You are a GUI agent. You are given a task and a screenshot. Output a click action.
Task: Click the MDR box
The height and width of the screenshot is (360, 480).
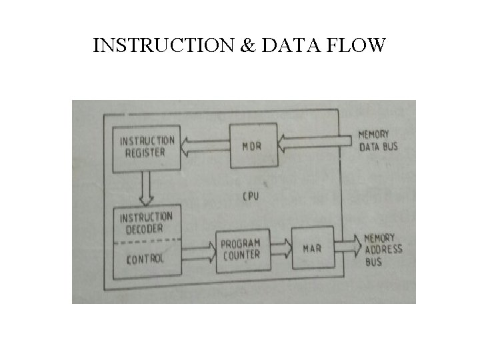coord(252,145)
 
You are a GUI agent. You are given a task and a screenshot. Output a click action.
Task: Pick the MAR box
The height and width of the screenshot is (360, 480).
coord(312,248)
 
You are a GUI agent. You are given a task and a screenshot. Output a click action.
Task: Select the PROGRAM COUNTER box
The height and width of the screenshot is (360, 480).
coord(241,249)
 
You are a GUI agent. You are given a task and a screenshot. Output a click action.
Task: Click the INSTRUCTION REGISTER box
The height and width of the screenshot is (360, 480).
coord(147,146)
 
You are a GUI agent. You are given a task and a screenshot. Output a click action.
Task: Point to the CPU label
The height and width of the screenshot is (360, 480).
coord(251,196)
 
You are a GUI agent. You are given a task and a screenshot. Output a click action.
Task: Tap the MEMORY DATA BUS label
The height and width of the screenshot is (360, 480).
coord(378,140)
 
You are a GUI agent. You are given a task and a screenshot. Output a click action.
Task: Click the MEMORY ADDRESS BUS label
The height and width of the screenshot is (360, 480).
coord(383,249)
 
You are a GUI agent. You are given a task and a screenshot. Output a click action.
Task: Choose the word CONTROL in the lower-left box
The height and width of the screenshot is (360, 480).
coord(145,258)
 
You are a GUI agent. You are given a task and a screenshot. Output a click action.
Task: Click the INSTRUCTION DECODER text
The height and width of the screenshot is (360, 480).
coord(146,223)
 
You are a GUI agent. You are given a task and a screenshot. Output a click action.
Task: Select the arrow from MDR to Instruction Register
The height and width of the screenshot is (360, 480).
coord(205,146)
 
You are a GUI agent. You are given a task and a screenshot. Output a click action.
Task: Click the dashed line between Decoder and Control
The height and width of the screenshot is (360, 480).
coord(147,240)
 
